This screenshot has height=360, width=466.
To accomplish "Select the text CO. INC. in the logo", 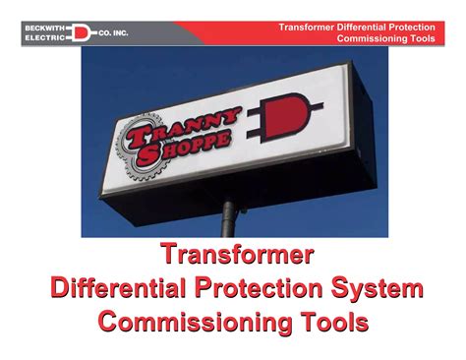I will click(x=110, y=32).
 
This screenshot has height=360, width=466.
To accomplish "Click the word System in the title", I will click(x=384, y=289).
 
